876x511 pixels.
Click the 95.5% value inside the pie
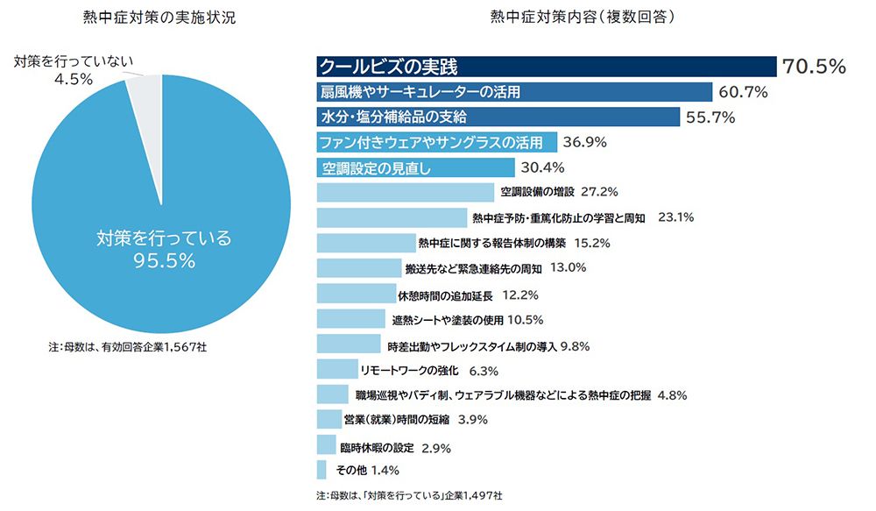[x=164, y=260]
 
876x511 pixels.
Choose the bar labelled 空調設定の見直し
[x=415, y=167]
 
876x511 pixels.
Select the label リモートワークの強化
[x=410, y=370]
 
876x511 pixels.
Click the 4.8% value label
[x=672, y=395]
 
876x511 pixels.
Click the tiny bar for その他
[x=321, y=470]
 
